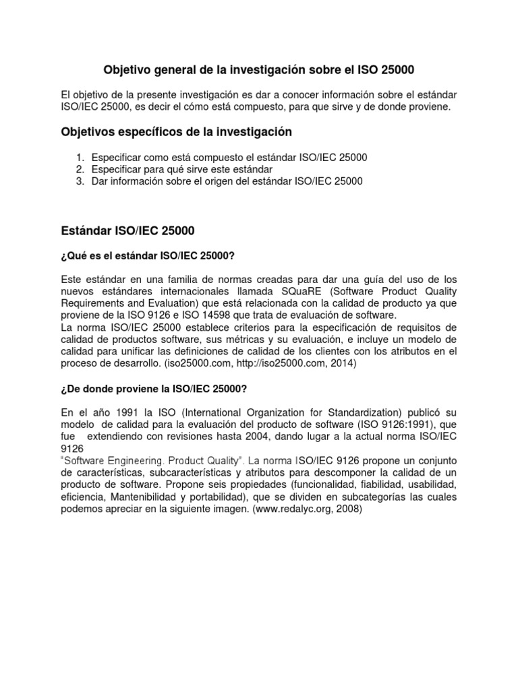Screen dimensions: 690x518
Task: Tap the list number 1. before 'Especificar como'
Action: [x=80, y=157]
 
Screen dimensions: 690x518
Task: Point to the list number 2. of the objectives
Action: [x=80, y=169]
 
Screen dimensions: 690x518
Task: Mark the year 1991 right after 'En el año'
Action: [x=125, y=411]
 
